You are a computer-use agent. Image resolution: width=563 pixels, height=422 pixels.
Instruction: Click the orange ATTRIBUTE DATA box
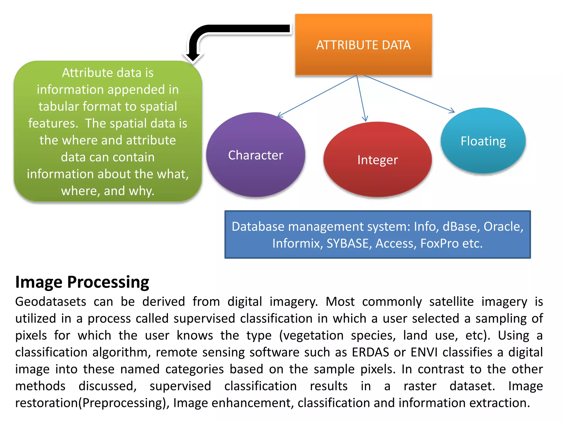point(363,45)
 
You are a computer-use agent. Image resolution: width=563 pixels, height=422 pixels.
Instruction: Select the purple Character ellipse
point(255,155)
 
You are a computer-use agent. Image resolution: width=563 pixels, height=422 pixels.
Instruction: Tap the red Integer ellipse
point(377,160)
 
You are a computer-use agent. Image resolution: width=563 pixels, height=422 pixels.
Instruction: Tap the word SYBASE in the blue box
point(347,243)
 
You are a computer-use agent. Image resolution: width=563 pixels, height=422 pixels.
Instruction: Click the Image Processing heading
point(82,282)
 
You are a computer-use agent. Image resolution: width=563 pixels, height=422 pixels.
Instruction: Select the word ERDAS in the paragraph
point(370,352)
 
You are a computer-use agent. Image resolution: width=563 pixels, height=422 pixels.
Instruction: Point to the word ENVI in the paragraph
point(424,352)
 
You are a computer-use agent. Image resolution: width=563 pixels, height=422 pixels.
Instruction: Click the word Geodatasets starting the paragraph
point(51,302)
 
